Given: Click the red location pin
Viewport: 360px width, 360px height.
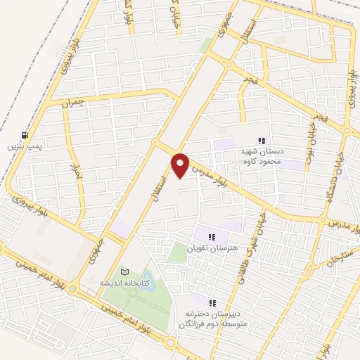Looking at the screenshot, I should [x=181, y=165].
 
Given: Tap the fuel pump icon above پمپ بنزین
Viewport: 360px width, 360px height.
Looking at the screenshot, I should [x=26, y=135].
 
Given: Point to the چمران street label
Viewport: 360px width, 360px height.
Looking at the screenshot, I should [x=72, y=103].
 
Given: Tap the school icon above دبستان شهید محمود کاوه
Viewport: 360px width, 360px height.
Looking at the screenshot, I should [x=263, y=140].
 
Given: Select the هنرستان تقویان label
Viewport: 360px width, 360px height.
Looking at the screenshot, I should [x=210, y=248].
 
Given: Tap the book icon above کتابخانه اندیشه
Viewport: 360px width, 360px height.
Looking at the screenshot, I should [x=124, y=271].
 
